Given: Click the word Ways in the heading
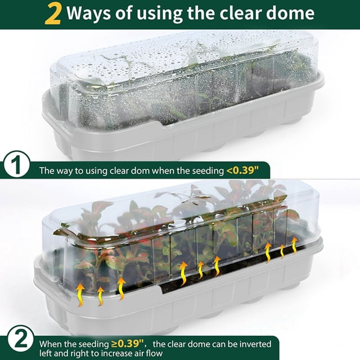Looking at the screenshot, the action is pos(89,13).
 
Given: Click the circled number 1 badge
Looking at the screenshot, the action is pos(16,164).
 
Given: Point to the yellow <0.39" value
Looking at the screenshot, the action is pos(242,170).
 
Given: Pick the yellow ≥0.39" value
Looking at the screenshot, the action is pos(128,344).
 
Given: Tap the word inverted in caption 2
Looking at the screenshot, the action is pos(255,344).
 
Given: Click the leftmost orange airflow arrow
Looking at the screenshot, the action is pos(80,295).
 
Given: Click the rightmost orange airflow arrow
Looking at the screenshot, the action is pos(294,246).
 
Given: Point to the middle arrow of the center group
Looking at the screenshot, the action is pos(201,270).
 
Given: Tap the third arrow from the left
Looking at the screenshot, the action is pos(121,289).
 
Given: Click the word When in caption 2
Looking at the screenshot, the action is pos(51,344).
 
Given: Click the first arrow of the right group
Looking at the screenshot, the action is pos(268,253).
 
